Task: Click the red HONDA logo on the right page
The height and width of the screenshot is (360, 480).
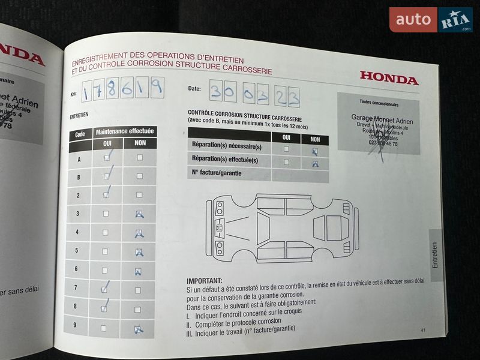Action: point(389,78)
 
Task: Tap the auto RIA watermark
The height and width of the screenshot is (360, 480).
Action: point(430,20)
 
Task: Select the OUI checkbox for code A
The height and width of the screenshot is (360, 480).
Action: point(107,158)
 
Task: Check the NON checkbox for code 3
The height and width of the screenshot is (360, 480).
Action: point(139,214)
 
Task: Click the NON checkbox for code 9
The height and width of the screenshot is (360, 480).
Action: point(138,329)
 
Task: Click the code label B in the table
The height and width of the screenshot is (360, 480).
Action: point(79,177)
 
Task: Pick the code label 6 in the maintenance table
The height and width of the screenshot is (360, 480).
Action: point(77,270)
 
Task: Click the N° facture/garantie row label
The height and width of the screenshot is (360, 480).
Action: point(213,174)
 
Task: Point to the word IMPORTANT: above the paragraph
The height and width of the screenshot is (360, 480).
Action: point(204,280)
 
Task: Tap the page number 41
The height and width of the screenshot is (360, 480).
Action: point(422,330)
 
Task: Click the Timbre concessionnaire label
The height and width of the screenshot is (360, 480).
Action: point(378,103)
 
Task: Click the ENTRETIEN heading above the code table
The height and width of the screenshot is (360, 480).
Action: point(79,115)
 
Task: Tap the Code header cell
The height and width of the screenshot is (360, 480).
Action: point(80,135)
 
